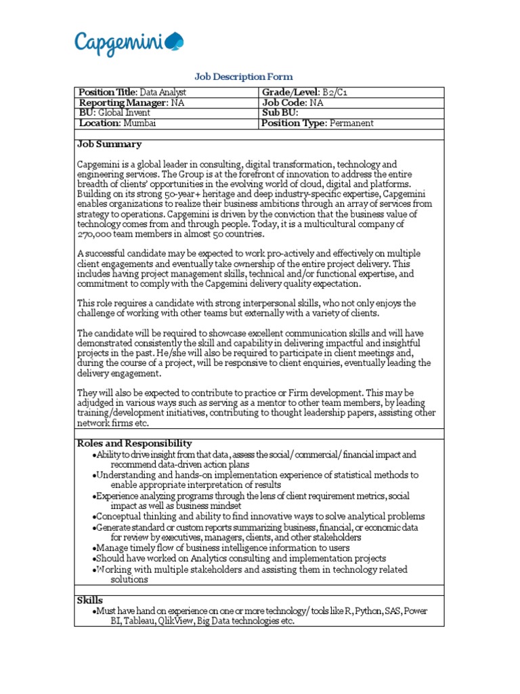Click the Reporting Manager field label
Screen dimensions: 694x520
pyautogui.click(x=124, y=103)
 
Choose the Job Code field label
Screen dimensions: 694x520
pyautogui.click(x=284, y=103)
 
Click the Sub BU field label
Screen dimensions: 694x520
pyautogui.click(x=280, y=113)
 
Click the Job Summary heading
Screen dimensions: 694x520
pyautogui.click(x=110, y=144)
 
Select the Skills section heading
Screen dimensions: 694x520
pyautogui.click(x=90, y=600)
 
